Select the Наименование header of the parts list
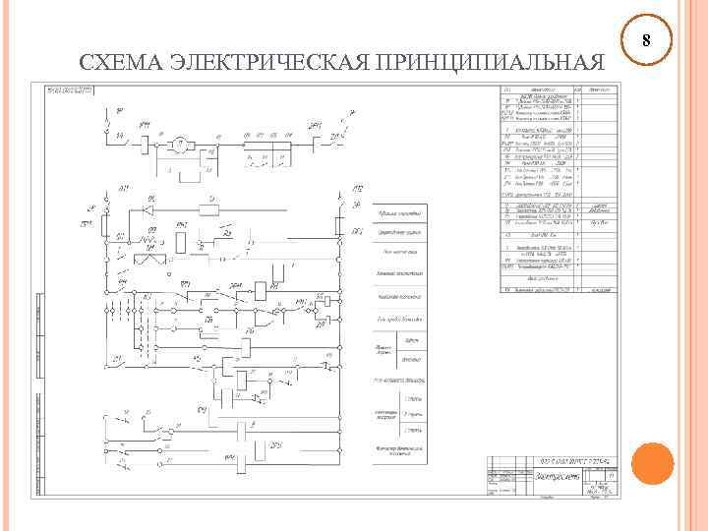[x=542, y=89]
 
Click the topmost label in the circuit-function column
[x=401, y=213]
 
